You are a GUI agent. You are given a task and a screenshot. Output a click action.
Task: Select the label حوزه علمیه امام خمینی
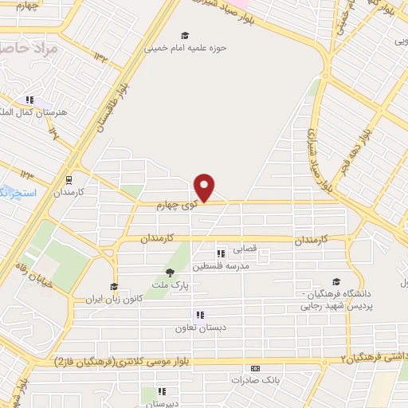186,47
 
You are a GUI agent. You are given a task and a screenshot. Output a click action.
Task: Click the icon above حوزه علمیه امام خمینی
186,35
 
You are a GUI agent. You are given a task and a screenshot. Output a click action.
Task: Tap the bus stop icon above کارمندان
69,180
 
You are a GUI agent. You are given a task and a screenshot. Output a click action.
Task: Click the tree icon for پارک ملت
168,273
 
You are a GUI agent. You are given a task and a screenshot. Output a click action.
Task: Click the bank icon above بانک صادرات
254,368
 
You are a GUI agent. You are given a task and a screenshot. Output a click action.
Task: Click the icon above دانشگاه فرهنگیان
337,281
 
